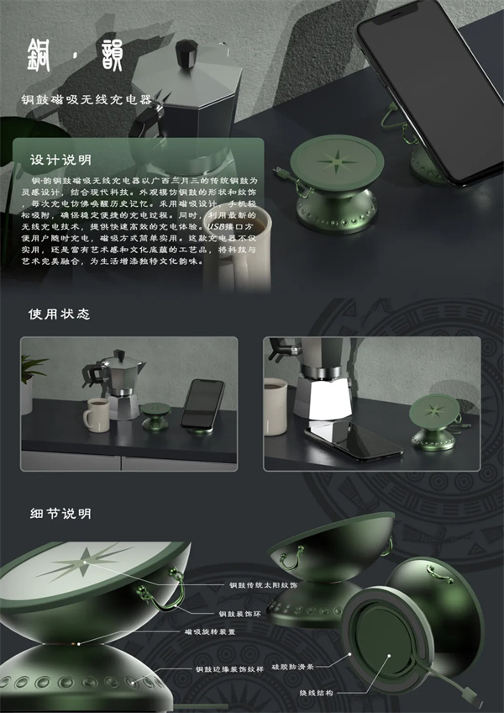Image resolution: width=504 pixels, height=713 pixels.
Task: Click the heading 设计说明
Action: [x=61, y=160]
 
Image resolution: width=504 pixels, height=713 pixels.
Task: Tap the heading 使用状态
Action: [x=60, y=314]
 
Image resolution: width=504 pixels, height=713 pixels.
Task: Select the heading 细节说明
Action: [x=60, y=513]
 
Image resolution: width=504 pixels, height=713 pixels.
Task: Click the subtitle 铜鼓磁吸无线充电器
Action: [x=88, y=99]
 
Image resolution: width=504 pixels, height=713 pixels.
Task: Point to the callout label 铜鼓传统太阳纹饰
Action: [x=263, y=584]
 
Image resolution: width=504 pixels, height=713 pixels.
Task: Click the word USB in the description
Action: [x=217, y=227]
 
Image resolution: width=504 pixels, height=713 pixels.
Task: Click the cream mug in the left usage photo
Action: [x=96, y=415]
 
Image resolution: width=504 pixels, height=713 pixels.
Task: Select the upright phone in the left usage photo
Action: [x=202, y=403]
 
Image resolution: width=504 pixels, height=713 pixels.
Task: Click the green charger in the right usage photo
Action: [x=434, y=418]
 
